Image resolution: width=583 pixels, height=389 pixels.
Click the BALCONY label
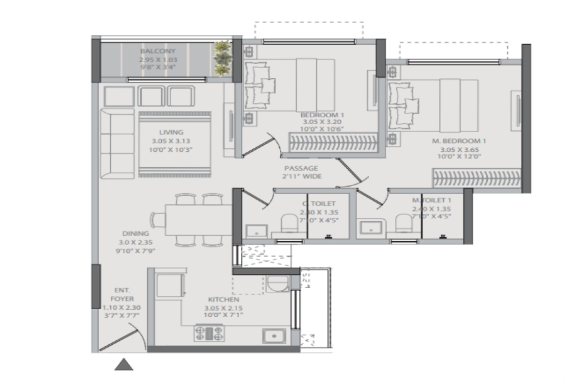157,51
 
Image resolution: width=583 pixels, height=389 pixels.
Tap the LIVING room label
171,132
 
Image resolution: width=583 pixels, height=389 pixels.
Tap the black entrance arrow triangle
124,364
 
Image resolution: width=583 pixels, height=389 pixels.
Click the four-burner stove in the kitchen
209,333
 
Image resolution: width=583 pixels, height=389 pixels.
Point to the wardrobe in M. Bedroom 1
477,178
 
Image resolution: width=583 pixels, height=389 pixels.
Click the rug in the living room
175,144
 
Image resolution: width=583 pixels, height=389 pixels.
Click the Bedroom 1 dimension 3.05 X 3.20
322,122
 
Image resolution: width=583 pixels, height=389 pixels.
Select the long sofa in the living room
117,143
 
